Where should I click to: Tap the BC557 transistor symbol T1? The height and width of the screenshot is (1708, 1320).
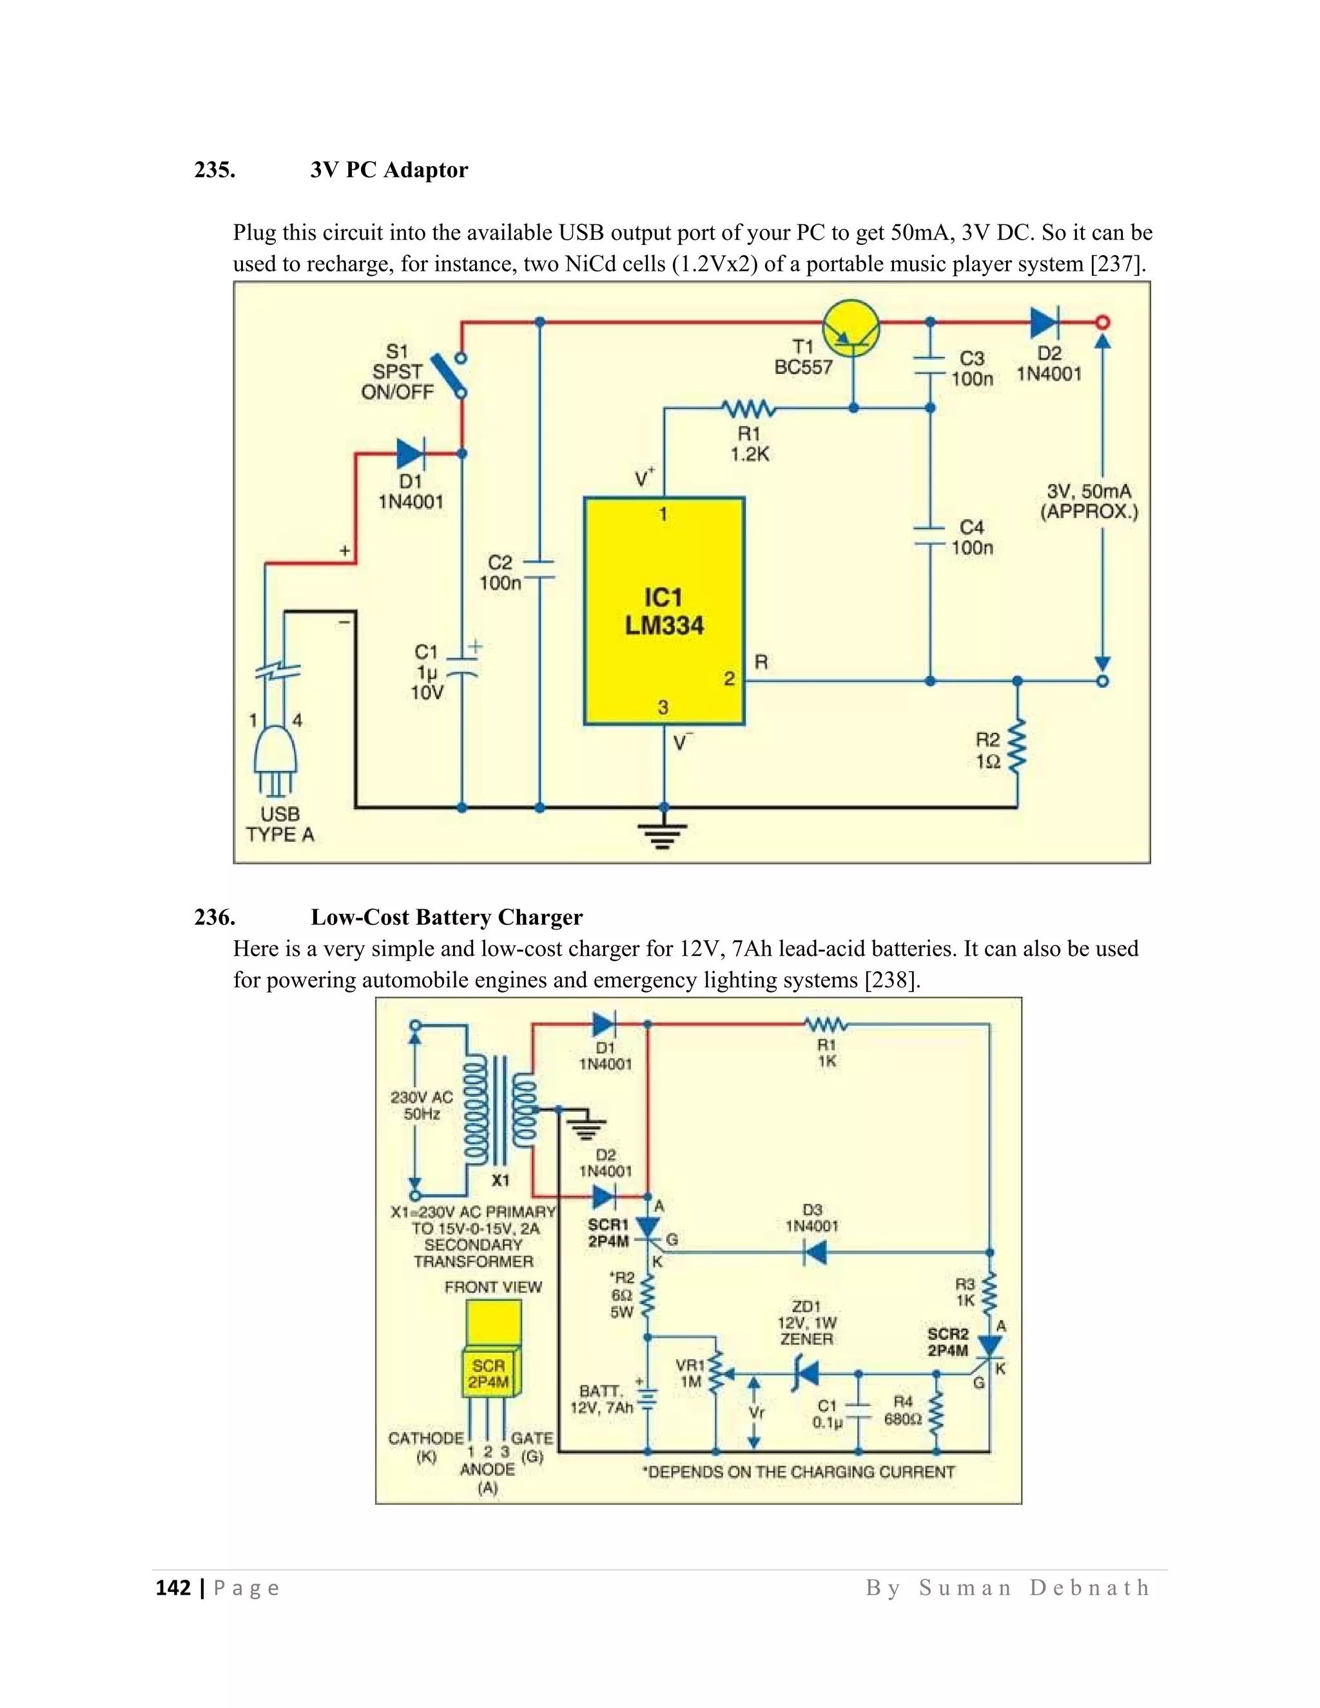click(x=851, y=329)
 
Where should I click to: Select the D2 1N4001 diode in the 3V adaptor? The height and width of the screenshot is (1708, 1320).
click(x=1044, y=322)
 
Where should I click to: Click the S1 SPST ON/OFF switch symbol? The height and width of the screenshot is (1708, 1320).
click(x=449, y=375)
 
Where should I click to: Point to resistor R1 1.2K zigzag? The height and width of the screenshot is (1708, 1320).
click(x=748, y=408)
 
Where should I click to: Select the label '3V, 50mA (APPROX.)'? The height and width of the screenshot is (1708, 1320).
click(x=1089, y=501)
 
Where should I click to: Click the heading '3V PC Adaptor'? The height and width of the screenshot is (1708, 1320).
click(x=389, y=170)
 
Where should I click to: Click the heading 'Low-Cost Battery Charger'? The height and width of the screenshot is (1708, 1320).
click(x=447, y=917)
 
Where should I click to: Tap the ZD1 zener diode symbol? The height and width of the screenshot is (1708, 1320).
click(x=804, y=1374)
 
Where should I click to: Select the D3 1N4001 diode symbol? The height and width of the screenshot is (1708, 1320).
click(x=815, y=1253)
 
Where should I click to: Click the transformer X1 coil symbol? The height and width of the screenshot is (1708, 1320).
click(x=500, y=1110)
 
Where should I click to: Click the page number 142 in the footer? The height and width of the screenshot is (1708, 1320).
click(x=173, y=1587)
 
